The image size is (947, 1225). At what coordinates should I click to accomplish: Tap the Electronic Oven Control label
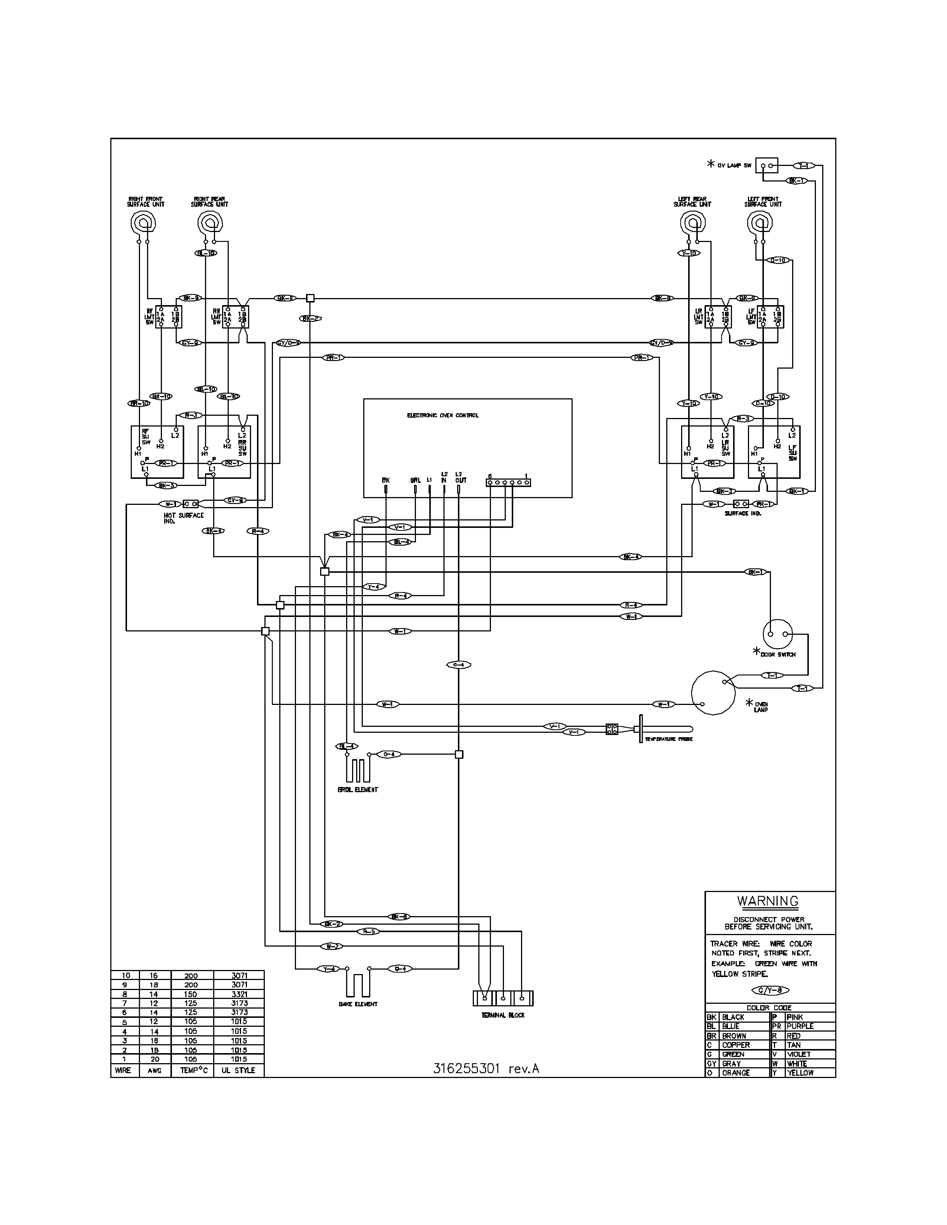click(x=443, y=416)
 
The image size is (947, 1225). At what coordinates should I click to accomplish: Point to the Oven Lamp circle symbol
click(x=713, y=692)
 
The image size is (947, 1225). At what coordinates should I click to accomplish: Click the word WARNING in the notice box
click(x=768, y=901)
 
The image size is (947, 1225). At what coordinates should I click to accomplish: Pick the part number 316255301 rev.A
click(x=486, y=1068)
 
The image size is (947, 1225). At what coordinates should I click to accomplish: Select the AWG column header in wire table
click(x=154, y=1070)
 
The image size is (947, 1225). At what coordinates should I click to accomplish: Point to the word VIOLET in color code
click(x=798, y=1054)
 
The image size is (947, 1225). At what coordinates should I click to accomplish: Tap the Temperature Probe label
click(x=669, y=739)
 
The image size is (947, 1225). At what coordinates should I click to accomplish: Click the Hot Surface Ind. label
click(x=183, y=517)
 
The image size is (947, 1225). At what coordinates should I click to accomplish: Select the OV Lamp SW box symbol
click(x=767, y=166)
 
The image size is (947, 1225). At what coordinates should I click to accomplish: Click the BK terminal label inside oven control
click(x=385, y=480)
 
